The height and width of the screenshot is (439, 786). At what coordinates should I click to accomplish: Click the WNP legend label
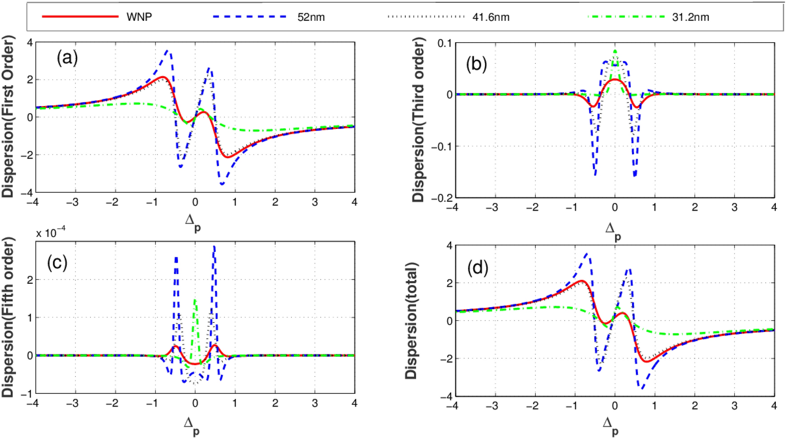[139, 17]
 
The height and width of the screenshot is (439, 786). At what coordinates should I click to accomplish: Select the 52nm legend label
[311, 17]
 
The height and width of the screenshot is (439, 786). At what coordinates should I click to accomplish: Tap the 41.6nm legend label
[491, 17]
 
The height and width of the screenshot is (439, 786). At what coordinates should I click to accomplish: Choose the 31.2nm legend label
[691, 17]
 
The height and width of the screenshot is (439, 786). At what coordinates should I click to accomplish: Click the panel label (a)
[67, 58]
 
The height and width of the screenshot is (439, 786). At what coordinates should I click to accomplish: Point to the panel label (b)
[476, 64]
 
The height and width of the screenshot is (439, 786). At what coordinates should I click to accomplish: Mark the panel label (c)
[57, 263]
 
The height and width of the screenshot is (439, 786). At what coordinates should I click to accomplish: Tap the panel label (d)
[478, 268]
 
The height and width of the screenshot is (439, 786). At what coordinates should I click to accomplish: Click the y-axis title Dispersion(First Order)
[8, 116]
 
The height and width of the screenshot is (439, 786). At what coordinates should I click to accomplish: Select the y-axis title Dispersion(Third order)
[418, 120]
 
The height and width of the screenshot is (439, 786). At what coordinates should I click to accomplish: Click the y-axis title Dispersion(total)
[411, 320]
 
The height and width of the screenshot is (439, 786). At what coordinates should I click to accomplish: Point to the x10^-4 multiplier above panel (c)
[50, 232]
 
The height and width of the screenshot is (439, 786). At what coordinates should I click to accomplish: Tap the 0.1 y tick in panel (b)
[444, 43]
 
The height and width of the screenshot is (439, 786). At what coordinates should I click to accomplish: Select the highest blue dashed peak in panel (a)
[168, 51]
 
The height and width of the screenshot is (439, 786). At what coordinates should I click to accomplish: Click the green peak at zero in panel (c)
[195, 301]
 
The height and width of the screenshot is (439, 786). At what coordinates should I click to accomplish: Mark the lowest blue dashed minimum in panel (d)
[641, 388]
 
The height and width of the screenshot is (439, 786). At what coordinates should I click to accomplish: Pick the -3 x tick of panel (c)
[73, 403]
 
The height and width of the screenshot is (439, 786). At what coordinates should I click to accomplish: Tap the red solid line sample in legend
[80, 17]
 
